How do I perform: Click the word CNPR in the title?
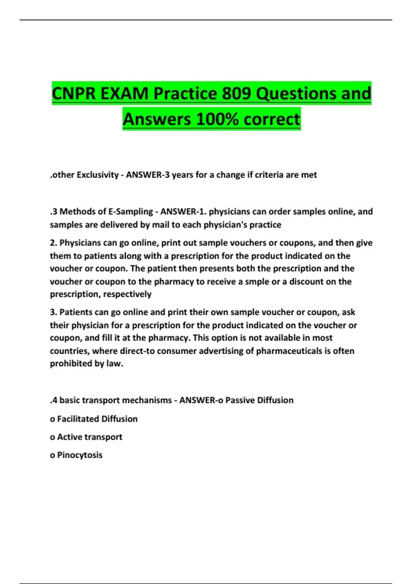[74, 93]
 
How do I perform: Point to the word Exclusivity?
[98, 175]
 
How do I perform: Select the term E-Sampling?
[130, 212]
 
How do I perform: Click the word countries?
[69, 351]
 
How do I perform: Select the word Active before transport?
[67, 437]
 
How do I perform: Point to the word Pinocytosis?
[80, 455]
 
